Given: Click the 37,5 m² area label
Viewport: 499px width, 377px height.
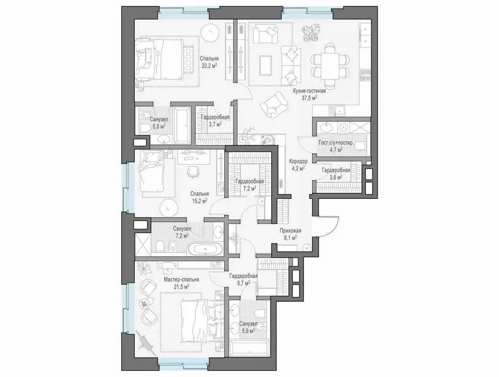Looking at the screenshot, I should click(309, 98).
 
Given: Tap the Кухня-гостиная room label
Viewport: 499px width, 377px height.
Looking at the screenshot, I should click(309, 91).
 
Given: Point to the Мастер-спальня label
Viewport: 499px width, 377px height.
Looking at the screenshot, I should click(178, 279).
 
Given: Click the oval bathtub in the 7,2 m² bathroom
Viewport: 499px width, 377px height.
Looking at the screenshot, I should click(206, 249).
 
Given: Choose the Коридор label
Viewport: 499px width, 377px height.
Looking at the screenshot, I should click(298, 161).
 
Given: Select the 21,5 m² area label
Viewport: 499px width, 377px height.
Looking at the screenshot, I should click(178, 286).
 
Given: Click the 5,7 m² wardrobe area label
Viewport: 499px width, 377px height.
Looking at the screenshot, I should click(244, 283).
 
